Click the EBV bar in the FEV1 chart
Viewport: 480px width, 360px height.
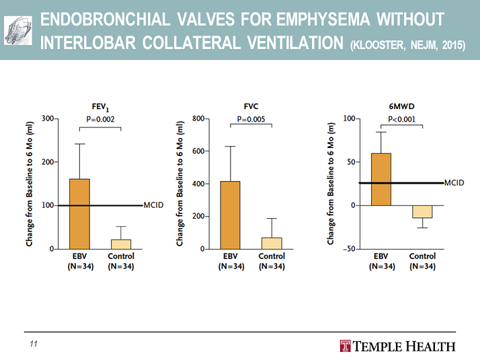79,213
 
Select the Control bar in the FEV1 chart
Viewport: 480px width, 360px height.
121,244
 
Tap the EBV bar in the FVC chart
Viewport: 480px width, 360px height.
231,215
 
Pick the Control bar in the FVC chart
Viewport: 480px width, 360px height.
272,243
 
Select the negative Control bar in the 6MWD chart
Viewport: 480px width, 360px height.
422,211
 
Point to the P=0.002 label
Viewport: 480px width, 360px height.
100,119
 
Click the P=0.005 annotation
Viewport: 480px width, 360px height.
251,119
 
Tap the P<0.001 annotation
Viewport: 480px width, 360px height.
401,119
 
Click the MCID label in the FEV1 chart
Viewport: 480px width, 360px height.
154,205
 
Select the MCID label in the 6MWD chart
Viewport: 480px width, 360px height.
454,183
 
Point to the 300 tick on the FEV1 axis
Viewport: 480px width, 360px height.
48,118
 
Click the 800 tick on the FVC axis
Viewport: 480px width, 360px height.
198,118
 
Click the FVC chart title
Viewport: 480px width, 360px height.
251,106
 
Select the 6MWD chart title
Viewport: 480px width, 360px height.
401,106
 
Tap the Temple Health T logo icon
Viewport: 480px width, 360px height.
346,347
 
